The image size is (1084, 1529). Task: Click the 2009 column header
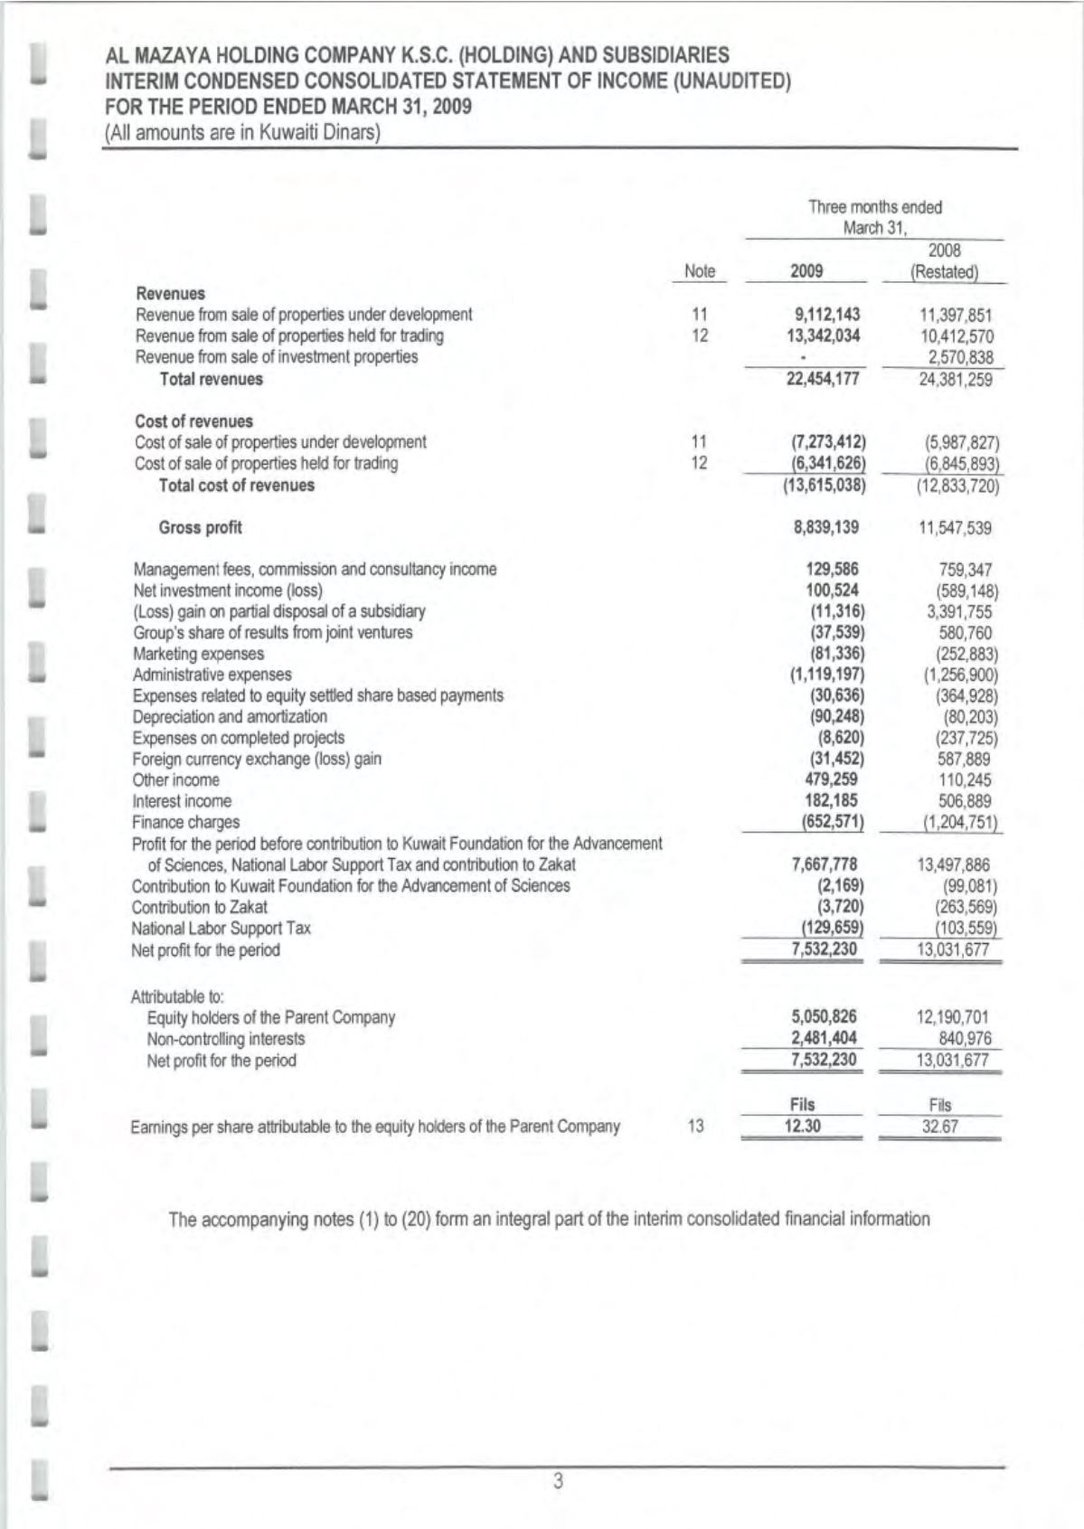tap(806, 270)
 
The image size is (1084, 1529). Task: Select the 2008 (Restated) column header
tap(945, 260)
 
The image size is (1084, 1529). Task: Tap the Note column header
tap(700, 270)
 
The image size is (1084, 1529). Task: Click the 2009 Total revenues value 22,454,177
tap(823, 379)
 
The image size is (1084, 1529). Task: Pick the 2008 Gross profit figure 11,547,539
tap(955, 528)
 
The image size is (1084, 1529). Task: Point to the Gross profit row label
tap(200, 527)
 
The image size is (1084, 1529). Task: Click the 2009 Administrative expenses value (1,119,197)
tap(827, 675)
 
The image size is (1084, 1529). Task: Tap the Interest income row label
tap(182, 801)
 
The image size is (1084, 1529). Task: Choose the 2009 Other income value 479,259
tap(831, 779)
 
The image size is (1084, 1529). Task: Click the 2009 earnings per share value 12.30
tap(801, 1127)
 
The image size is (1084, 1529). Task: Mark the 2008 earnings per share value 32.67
tap(939, 1128)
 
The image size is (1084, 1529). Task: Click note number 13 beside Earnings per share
tap(695, 1127)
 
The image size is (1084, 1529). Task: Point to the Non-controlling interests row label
tap(226, 1039)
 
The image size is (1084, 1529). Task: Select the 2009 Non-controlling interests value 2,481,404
tap(824, 1038)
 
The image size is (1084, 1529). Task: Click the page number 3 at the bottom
tap(558, 1481)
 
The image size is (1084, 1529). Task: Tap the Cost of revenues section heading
tap(193, 421)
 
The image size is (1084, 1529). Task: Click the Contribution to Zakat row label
tap(200, 907)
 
